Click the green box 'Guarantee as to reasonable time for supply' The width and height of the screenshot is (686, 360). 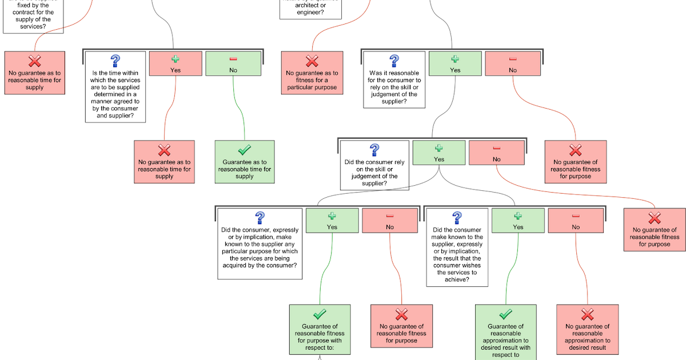click(244, 162)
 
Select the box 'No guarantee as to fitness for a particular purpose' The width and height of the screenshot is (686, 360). click(312, 73)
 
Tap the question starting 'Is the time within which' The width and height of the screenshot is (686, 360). click(115, 87)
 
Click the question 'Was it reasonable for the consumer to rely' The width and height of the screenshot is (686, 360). click(394, 80)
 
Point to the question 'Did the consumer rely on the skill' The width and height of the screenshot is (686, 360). click(374, 165)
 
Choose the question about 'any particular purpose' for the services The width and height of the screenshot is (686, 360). click(260, 242)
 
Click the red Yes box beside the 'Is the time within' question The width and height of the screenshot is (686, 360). click(176, 63)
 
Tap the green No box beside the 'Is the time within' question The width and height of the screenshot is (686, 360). click(233, 63)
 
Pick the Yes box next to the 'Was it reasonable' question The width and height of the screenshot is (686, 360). click(455, 63)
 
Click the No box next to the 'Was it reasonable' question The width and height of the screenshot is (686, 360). click(513, 63)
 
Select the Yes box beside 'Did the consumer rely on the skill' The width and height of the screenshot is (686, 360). click(439, 153)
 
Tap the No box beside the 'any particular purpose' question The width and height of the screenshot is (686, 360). click(390, 221)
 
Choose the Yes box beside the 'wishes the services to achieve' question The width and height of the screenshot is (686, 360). click(518, 221)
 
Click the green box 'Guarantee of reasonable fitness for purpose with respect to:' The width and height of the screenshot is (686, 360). click(320, 330)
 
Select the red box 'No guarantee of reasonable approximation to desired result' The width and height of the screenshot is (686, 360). click(587, 330)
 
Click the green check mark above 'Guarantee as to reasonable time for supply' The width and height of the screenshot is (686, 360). click(244, 150)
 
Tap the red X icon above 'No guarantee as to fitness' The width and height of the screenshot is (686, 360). click(312, 61)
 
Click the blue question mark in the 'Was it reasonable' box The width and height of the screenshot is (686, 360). click(394, 61)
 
